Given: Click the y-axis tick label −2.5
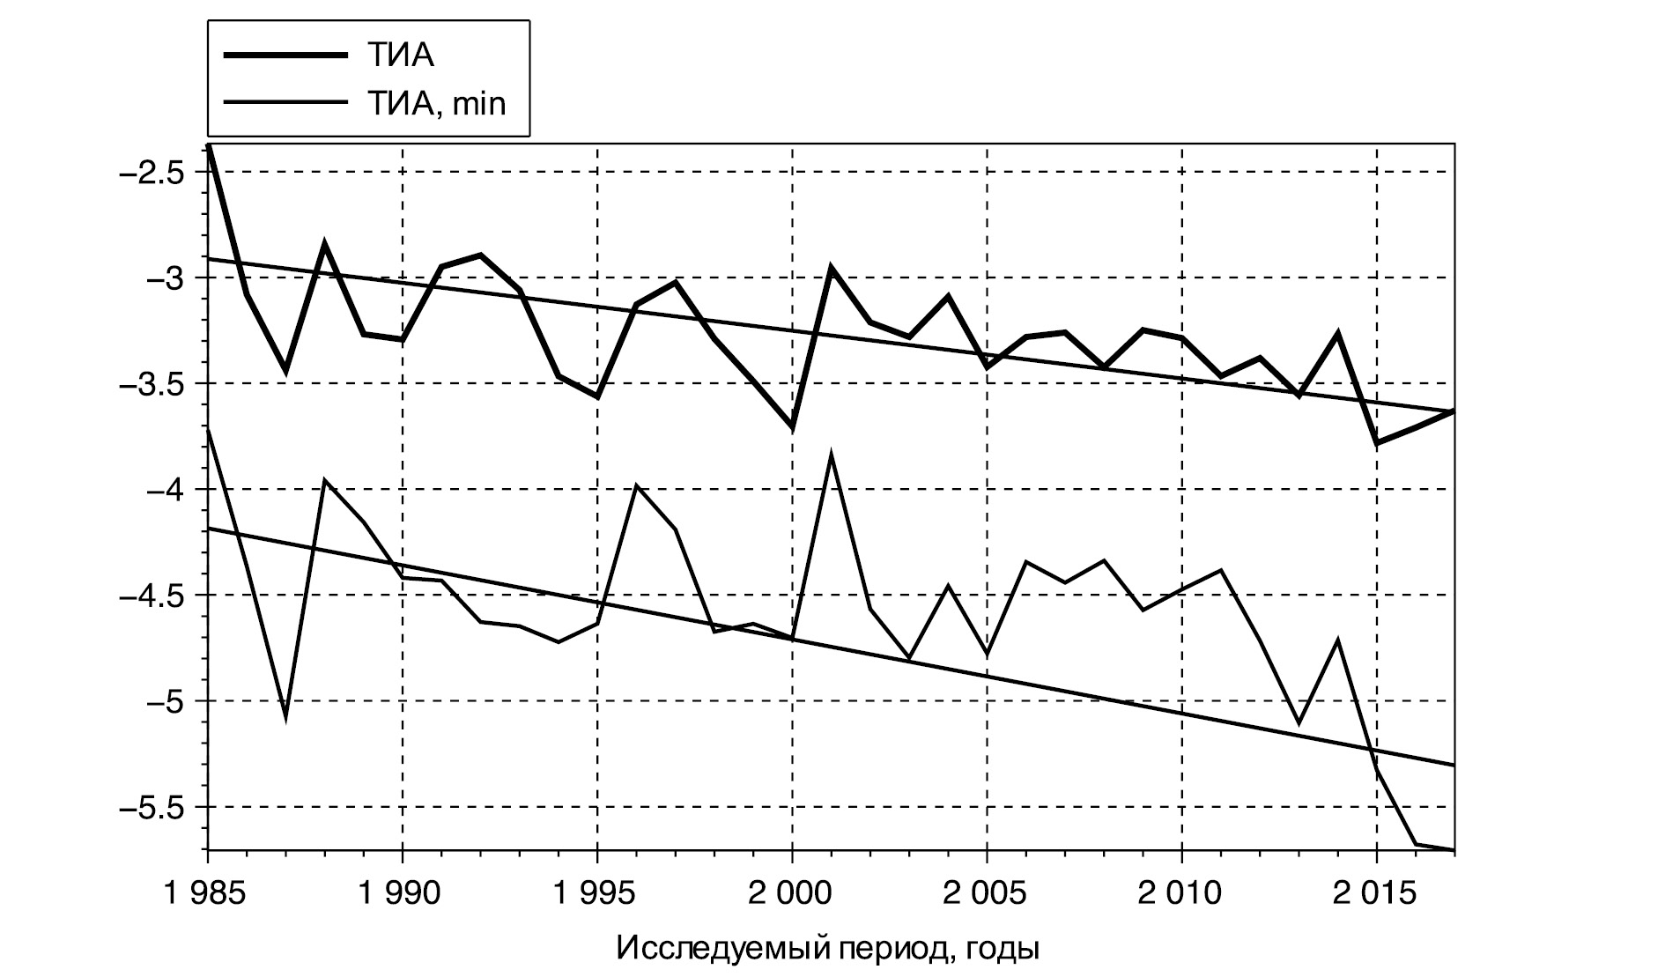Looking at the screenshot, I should [151, 172].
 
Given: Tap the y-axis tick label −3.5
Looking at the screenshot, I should [151, 383].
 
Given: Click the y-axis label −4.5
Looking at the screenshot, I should [151, 595].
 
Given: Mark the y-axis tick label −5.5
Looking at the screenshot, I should [151, 806].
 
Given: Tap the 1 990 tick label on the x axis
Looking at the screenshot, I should [402, 894].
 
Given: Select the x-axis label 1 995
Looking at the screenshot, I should [597, 894].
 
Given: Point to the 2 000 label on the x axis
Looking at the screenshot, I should [792, 894].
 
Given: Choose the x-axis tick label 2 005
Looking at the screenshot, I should [987, 894].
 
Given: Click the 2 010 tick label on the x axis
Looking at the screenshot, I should [1181, 894].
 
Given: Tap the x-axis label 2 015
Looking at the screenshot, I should [1376, 894].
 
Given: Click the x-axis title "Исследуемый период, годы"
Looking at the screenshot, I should [828, 949].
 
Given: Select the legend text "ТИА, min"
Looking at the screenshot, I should [436, 104].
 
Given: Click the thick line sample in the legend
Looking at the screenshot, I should [284, 56].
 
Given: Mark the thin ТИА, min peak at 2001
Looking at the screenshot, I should [831, 456].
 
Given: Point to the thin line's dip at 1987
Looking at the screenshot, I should [285, 716].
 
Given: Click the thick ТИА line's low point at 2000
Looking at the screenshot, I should [792, 428].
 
